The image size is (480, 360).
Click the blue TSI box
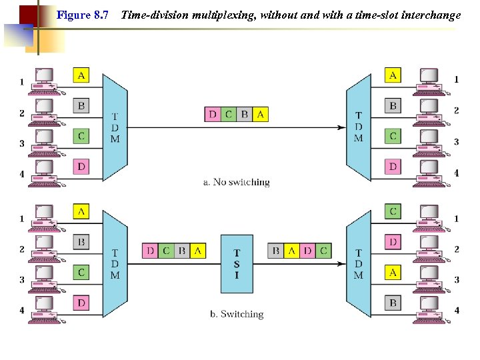point(237,263)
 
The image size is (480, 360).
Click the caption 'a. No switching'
point(237,182)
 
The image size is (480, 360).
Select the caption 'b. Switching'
point(242,314)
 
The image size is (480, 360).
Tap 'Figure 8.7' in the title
point(83,14)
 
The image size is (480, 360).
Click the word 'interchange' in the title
point(427,14)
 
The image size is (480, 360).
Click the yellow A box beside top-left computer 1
point(81,75)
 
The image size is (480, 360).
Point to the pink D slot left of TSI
point(151,251)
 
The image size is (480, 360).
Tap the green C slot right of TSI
point(323,251)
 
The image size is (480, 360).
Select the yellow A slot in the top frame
point(260,114)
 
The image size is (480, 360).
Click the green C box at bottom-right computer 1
point(393,211)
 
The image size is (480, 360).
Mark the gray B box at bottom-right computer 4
point(393,303)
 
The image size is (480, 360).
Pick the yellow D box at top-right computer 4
point(393,166)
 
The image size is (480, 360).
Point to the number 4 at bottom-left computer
point(21,310)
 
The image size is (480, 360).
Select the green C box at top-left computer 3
point(81,136)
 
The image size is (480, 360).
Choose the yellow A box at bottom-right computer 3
point(393,272)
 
